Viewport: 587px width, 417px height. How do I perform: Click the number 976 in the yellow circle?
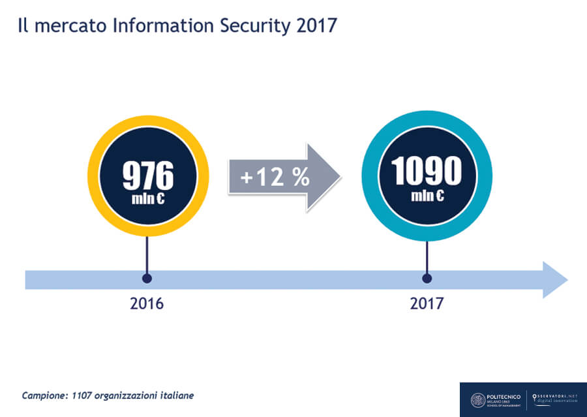coord(148,176)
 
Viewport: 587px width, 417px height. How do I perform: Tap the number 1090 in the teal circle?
coord(427,172)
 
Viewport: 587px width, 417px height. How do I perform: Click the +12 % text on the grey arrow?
coord(275,177)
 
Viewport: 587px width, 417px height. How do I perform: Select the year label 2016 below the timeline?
coord(147,303)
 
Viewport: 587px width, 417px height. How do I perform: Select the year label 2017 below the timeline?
coord(427,303)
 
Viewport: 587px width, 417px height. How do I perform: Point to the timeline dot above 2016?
coord(147,279)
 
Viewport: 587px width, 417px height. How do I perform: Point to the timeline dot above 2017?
coord(427,279)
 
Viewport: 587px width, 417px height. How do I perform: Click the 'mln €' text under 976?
coord(148,198)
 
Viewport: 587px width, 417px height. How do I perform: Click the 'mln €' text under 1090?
coord(427,195)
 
